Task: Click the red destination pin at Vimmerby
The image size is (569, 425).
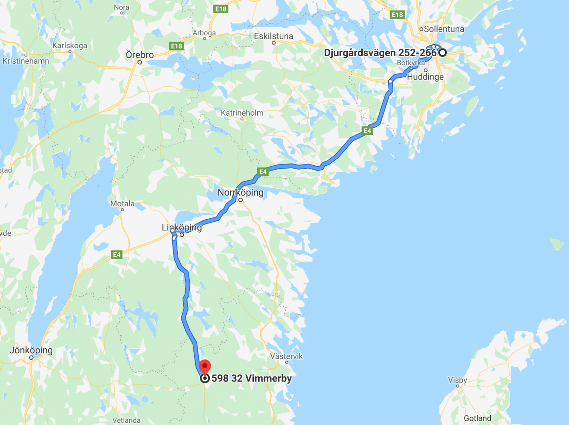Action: [205, 367]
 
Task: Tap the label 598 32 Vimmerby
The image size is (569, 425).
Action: [252, 378]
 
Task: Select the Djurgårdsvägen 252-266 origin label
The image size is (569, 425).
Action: [380, 53]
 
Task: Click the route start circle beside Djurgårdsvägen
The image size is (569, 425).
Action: [442, 53]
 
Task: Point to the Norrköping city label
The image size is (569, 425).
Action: [240, 192]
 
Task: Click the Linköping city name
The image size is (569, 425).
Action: [182, 227]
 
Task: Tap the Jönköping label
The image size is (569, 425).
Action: [31, 350]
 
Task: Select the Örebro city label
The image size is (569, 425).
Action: [140, 55]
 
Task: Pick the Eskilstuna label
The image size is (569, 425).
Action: [273, 36]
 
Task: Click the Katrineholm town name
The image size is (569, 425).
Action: [242, 113]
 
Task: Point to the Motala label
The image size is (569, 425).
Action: [122, 203]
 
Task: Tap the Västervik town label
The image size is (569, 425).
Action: [286, 356]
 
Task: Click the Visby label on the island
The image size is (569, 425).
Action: [457, 380]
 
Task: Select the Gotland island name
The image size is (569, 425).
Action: [477, 418]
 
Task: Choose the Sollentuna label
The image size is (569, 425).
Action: [444, 29]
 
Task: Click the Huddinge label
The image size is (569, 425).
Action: [425, 77]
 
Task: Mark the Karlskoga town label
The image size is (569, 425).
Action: [70, 46]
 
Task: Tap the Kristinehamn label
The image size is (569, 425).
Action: [26, 61]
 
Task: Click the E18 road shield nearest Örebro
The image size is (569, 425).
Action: [176, 46]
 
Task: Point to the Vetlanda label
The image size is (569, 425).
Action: [126, 420]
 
